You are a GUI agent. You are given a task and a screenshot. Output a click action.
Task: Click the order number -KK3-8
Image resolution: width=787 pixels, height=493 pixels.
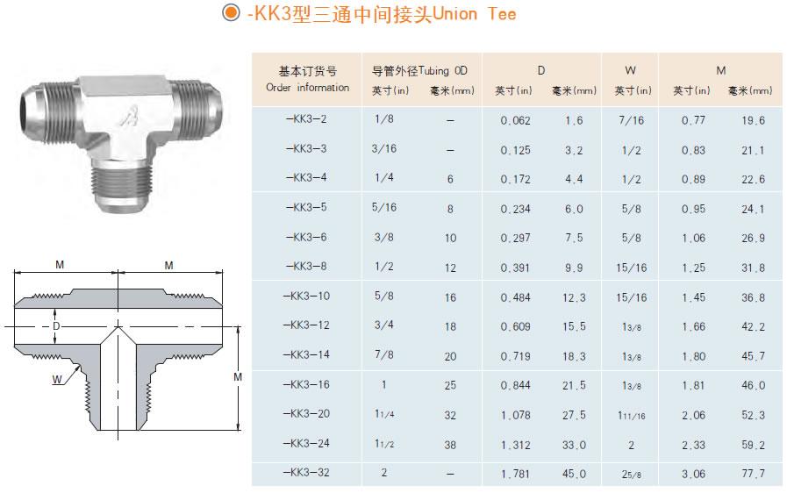pyautogui.click(x=306, y=266)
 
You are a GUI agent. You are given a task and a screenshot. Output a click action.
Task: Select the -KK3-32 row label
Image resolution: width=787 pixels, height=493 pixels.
pyautogui.click(x=306, y=473)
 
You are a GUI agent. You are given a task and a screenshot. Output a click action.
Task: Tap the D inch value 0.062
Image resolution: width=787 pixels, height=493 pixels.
pyautogui.click(x=516, y=120)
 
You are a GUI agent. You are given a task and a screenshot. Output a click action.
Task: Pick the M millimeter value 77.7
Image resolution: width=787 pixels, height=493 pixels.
pyautogui.click(x=753, y=474)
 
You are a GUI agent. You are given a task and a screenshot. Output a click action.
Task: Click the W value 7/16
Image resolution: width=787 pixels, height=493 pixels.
pyautogui.click(x=631, y=120)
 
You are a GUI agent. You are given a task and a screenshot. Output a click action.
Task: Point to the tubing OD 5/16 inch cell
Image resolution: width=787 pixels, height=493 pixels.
pyautogui.click(x=384, y=207)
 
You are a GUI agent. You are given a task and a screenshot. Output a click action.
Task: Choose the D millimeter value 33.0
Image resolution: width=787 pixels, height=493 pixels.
pyautogui.click(x=574, y=445)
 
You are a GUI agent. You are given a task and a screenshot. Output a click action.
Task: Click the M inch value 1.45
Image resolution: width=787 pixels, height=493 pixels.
pyautogui.click(x=693, y=297)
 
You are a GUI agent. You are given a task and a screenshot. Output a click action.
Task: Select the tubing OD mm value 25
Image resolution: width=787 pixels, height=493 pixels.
pyautogui.click(x=450, y=385)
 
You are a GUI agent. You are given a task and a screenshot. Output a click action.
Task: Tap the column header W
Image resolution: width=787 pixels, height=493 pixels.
pyautogui.click(x=631, y=70)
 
